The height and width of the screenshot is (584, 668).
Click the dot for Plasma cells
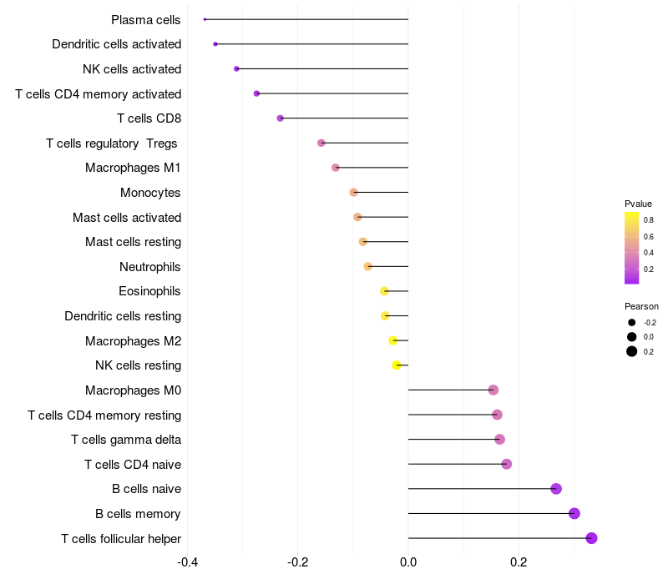point(205,19)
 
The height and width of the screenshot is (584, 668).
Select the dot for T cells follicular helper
point(591,538)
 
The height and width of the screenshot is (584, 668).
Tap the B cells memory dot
point(574,513)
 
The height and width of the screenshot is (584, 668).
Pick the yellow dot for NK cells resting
point(397,365)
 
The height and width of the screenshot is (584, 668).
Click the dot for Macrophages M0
point(493,390)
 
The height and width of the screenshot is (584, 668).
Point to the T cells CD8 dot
point(280,118)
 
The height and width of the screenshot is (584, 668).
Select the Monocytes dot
point(354,193)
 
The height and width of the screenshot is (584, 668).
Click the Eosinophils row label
point(149,291)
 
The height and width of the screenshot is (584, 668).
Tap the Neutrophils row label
point(150,267)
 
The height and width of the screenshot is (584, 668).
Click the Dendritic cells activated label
point(117,44)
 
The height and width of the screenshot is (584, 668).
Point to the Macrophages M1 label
point(134,168)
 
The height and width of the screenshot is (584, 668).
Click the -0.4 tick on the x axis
point(188,561)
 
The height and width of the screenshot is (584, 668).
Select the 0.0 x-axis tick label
point(408,561)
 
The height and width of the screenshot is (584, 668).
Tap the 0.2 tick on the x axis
point(519,561)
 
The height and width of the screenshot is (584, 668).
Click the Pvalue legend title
point(639,204)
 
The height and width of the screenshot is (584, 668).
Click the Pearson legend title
point(641,306)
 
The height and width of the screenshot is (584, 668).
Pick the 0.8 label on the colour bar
point(649,220)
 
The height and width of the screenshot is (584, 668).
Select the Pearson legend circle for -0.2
point(632,322)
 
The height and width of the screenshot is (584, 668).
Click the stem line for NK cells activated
point(322,69)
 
